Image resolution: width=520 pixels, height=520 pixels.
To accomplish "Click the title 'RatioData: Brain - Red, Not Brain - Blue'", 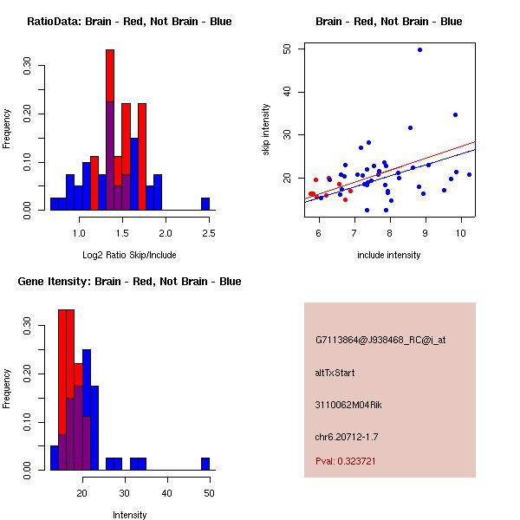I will click(129, 22).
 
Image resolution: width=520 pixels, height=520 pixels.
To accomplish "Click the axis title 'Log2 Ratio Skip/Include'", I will click(129, 255).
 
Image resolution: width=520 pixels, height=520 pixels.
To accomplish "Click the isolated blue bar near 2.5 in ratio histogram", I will click(205, 204).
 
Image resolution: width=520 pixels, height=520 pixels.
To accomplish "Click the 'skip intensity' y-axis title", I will click(266, 130).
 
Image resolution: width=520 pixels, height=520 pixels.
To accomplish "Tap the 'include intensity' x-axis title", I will click(389, 255).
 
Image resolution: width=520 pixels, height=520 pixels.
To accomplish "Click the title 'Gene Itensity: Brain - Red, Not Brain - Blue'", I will click(129, 282).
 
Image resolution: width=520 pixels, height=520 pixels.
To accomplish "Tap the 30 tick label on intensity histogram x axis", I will click(124, 492).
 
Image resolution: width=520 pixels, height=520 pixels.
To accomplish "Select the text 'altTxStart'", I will click(335, 373).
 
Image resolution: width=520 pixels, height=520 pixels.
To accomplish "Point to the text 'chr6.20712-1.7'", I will click(347, 436).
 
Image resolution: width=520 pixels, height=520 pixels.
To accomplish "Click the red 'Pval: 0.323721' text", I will click(345, 461).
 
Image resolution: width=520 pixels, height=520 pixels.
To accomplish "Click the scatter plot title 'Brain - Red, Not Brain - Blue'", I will click(389, 22).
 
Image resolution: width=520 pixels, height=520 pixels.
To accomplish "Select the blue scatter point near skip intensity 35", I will click(455, 114).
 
